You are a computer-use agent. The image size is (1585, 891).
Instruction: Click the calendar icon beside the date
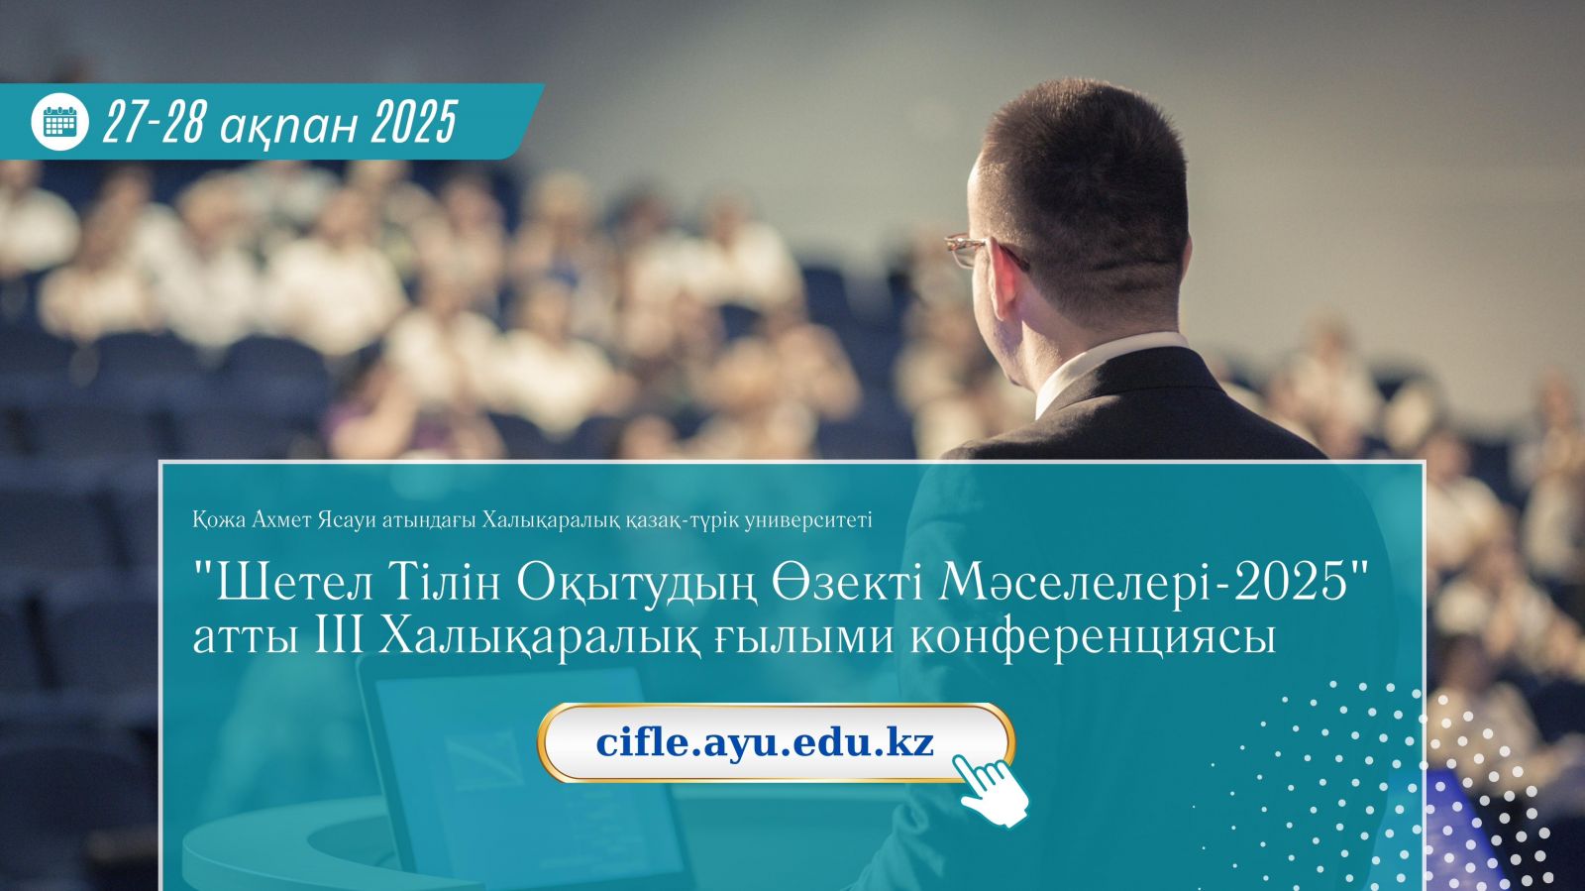[60, 122]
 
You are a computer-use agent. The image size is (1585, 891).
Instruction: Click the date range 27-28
[154, 121]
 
